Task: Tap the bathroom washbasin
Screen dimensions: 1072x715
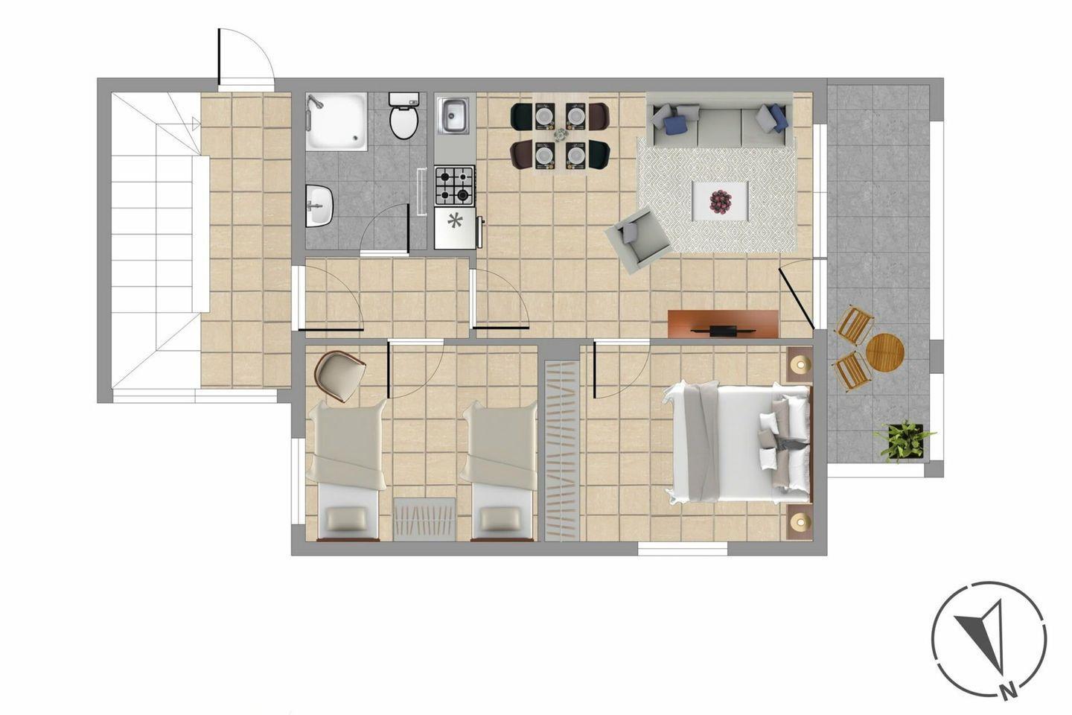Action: click(319, 206)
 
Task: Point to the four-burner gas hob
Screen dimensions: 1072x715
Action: click(454, 185)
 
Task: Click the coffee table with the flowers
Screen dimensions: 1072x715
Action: click(721, 200)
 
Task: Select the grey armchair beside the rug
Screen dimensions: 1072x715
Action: click(637, 239)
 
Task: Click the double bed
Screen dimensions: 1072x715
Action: click(736, 442)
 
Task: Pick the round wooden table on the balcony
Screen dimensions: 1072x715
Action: click(885, 352)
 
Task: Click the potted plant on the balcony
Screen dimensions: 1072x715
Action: click(904, 441)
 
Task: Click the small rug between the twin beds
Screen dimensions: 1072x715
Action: click(424, 520)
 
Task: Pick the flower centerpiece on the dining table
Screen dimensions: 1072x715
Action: click(561, 135)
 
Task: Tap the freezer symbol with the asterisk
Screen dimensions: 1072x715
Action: click(455, 221)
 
